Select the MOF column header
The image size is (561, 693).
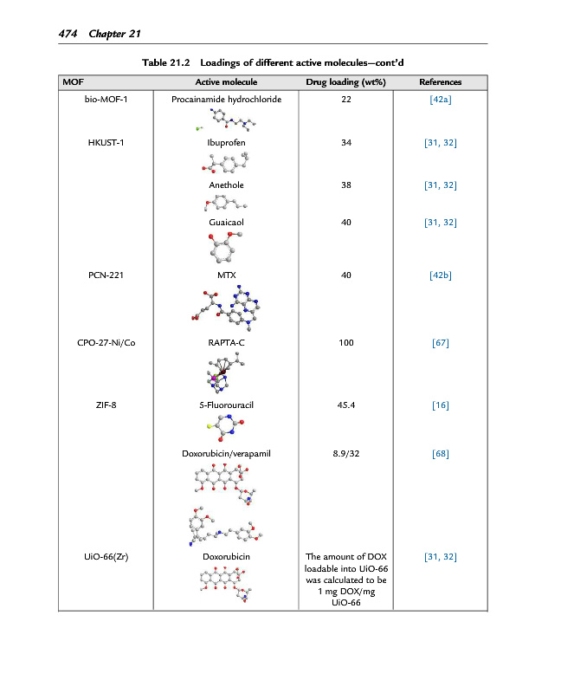tap(73, 82)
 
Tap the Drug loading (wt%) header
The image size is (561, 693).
tap(345, 82)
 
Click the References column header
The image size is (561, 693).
tap(440, 82)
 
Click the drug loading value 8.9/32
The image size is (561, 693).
tap(345, 453)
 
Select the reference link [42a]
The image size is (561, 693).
tap(440, 100)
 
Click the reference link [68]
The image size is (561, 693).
tap(440, 453)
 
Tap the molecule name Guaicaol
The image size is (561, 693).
tap(226, 223)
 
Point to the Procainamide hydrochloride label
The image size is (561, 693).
tap(226, 100)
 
